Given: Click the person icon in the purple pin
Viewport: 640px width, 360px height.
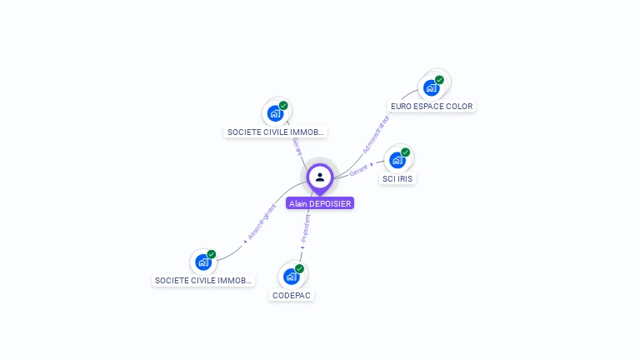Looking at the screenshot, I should pos(320,177).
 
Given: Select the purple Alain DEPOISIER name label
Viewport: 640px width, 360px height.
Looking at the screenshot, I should pos(320,203).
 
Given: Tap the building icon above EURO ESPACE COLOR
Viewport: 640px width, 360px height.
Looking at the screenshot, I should pos(431,87).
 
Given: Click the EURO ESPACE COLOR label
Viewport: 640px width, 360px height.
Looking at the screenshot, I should pos(432,107).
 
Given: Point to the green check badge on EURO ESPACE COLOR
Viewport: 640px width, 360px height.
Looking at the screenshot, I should pos(439,80).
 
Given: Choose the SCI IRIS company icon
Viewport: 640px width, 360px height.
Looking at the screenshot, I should pos(397,159).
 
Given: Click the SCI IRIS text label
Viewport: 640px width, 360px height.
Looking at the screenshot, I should pos(397,179).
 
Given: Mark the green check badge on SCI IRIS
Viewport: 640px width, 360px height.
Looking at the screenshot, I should pos(406,152).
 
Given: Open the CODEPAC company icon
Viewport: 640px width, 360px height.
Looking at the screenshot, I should pos(291,276).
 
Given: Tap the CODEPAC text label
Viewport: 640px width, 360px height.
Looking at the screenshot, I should pos(292,296).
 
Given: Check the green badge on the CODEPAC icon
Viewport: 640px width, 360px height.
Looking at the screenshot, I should pos(299,269).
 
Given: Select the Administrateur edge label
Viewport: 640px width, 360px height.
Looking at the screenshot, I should pos(377,134).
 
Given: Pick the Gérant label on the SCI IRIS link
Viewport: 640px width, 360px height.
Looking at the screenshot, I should pos(358,170).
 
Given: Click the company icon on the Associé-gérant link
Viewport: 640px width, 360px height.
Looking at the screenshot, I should pos(203,262).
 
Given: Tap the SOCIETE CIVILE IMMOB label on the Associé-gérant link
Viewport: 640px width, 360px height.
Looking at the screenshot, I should pos(203,281).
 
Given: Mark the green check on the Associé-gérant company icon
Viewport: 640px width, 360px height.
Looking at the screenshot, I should pos(212,254).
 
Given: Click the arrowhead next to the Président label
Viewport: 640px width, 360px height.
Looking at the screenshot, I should pos(302,247).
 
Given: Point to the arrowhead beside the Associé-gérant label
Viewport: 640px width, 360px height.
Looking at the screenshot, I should pos(245,240).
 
